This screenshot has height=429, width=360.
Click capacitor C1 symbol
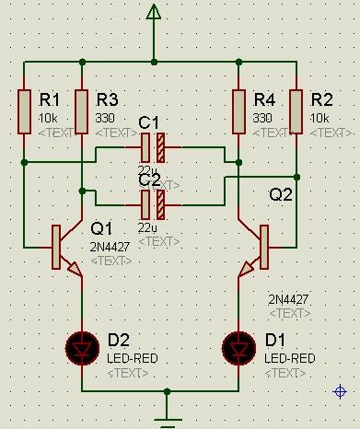point(153,146)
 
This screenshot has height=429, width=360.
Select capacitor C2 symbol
point(153,203)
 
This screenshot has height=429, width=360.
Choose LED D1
point(238,347)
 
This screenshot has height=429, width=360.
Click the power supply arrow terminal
point(154,12)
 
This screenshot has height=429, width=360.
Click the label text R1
point(49,100)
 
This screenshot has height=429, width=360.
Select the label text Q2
point(281,195)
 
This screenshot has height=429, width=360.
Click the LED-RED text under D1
point(290,358)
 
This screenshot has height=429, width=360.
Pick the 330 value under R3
point(104,119)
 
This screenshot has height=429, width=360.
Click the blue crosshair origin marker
point(339,392)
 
